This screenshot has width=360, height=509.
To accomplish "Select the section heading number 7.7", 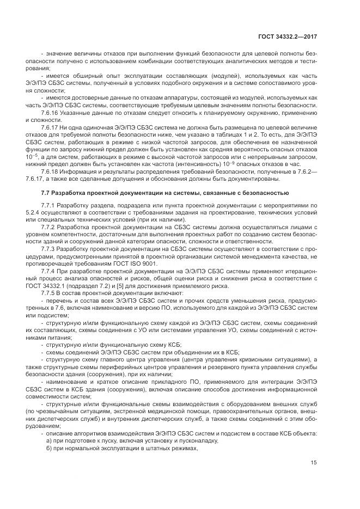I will click(x=45, y=193).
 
